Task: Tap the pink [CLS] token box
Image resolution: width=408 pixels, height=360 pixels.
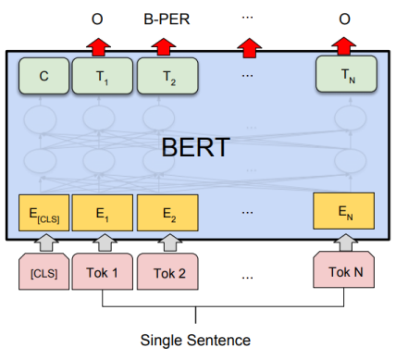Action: coord(43,272)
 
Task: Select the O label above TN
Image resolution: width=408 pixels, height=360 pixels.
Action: coord(343,18)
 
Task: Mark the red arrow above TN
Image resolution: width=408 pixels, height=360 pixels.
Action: coord(343,44)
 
